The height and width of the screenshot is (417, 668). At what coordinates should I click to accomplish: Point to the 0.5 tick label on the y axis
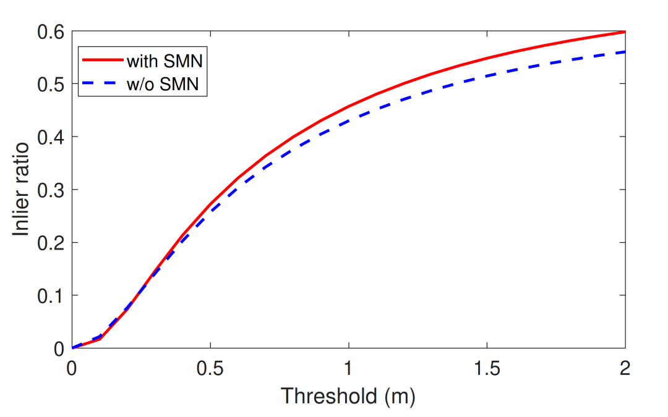click(x=50, y=84)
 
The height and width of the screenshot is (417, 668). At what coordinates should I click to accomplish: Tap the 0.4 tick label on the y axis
click(x=50, y=137)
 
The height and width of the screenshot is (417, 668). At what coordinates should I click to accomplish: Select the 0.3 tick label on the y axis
click(x=50, y=190)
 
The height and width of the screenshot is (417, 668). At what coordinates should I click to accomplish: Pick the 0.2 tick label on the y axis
click(x=50, y=243)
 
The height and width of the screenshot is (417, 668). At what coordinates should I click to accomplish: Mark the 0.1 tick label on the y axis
click(x=50, y=295)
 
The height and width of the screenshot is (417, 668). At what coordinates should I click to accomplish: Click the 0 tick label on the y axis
click(x=59, y=348)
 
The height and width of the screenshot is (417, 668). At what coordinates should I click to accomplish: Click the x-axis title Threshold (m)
click(x=348, y=396)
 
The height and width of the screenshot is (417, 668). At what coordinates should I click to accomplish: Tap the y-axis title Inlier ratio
click(x=22, y=190)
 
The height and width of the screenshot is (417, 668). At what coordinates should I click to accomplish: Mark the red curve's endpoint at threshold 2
click(x=625, y=32)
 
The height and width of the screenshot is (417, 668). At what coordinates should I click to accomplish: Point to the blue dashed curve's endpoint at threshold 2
click(x=625, y=52)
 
